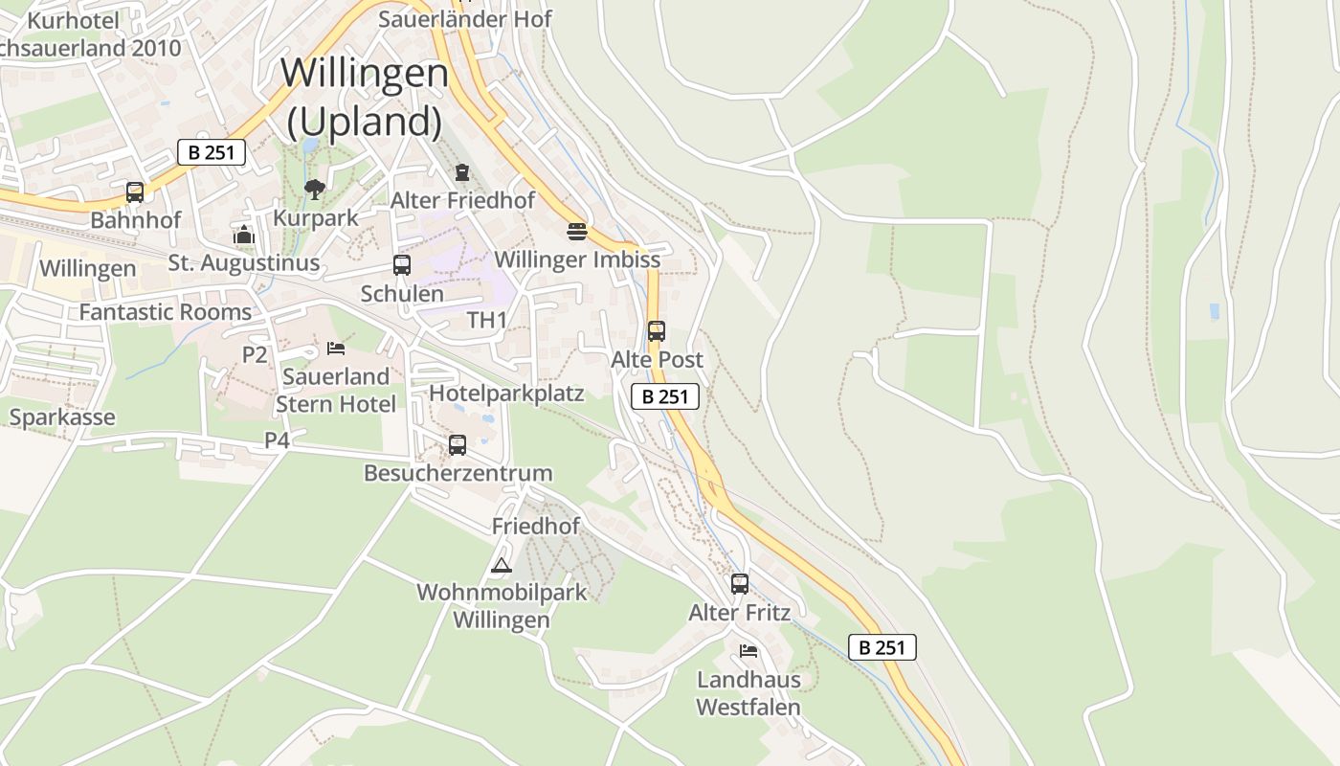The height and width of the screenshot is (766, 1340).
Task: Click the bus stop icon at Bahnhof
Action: tap(135, 192)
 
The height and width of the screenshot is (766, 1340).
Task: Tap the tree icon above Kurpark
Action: tap(314, 190)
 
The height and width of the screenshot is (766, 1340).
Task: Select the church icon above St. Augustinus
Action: tap(243, 235)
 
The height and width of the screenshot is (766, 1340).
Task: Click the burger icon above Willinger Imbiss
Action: tap(576, 231)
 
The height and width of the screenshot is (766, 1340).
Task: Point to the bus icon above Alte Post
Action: tap(656, 331)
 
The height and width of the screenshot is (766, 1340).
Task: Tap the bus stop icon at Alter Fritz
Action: tap(739, 583)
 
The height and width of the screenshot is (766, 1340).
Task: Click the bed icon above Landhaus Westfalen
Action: tap(748, 651)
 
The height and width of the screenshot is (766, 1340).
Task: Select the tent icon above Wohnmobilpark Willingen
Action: tap(501, 565)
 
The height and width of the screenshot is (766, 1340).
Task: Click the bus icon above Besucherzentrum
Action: tap(458, 444)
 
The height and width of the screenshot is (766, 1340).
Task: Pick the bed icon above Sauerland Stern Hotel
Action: tap(335, 348)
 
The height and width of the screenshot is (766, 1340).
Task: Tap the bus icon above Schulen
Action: tap(402, 265)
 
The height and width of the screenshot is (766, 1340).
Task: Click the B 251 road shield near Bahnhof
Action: tap(212, 152)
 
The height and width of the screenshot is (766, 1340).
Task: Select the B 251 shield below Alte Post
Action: tap(664, 396)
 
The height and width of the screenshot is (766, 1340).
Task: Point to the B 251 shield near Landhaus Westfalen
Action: tap(882, 647)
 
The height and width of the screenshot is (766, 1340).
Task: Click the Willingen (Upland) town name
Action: tap(365, 97)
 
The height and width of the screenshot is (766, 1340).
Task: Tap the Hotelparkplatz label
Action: tap(506, 393)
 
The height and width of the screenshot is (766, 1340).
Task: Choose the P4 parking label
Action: tap(277, 440)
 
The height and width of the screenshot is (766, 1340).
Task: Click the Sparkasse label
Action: tap(62, 417)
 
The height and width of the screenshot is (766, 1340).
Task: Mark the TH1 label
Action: tap(487, 320)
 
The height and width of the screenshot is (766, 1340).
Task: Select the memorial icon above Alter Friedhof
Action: tap(462, 172)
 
